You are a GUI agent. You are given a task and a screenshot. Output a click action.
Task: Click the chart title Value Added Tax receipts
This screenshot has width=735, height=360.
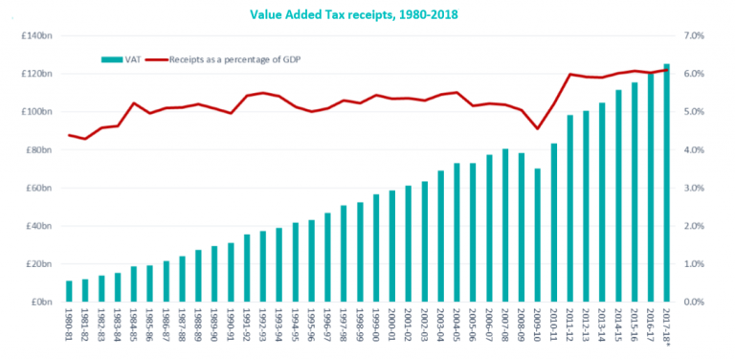click(367, 14)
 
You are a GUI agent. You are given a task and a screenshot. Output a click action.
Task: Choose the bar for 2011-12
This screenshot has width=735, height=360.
click(570, 209)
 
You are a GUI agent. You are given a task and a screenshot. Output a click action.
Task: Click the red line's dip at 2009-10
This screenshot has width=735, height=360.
click(538, 129)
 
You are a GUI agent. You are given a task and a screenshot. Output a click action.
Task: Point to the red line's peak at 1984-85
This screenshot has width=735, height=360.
click(133, 102)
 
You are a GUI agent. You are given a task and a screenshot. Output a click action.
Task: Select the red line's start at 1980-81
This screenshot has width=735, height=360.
click(68, 135)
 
